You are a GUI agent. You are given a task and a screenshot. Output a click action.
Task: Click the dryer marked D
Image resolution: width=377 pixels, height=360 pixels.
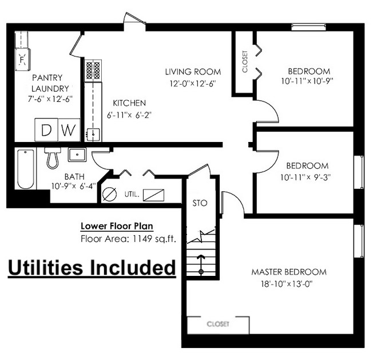click(x=46, y=130)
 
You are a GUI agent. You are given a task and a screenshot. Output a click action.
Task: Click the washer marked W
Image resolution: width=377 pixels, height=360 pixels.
click(x=69, y=130)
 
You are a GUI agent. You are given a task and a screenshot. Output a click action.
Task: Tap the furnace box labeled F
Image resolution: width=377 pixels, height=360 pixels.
click(x=23, y=59)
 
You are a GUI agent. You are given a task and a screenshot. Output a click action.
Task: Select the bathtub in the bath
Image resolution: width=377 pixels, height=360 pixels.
click(x=26, y=169)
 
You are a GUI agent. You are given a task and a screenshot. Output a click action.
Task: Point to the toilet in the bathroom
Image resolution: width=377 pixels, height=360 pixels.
click(x=53, y=158)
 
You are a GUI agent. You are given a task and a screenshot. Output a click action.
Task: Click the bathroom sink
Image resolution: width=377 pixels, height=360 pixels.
click(x=77, y=155)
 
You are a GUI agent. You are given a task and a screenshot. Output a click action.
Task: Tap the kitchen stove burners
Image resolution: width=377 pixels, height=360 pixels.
click(x=93, y=71)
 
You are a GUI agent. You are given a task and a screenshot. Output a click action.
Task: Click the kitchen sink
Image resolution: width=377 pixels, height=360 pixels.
click(x=93, y=134)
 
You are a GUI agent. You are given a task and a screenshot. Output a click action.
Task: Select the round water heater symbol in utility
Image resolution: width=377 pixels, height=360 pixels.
click(x=109, y=194)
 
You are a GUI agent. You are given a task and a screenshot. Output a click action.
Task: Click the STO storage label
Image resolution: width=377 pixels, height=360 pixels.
click(x=200, y=203)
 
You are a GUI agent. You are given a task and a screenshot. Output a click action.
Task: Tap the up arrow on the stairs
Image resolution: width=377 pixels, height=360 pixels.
click(x=201, y=264)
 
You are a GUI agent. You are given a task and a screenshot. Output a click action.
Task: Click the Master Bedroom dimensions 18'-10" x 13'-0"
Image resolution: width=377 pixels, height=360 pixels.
click(x=287, y=284)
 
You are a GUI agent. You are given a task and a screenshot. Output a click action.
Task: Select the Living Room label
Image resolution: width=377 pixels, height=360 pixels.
click(x=193, y=72)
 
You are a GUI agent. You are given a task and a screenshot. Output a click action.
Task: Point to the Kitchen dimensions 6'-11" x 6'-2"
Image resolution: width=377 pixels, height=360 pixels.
click(x=129, y=115)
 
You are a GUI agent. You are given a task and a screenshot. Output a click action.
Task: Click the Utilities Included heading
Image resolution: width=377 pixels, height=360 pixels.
click(x=92, y=268)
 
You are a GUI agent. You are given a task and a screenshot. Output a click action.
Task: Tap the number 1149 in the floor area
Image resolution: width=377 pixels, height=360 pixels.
click(x=142, y=239)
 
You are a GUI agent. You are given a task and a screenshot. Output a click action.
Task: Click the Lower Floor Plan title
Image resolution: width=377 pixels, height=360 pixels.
click(x=117, y=226)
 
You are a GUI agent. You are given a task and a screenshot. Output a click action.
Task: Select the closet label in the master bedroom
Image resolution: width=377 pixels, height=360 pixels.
click(x=218, y=324)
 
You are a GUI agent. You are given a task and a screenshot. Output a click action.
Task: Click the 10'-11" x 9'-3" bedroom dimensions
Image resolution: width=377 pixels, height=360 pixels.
click(x=305, y=177)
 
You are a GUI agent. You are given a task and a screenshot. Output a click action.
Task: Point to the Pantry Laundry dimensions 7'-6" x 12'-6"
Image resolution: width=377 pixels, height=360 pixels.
click(x=50, y=99)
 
